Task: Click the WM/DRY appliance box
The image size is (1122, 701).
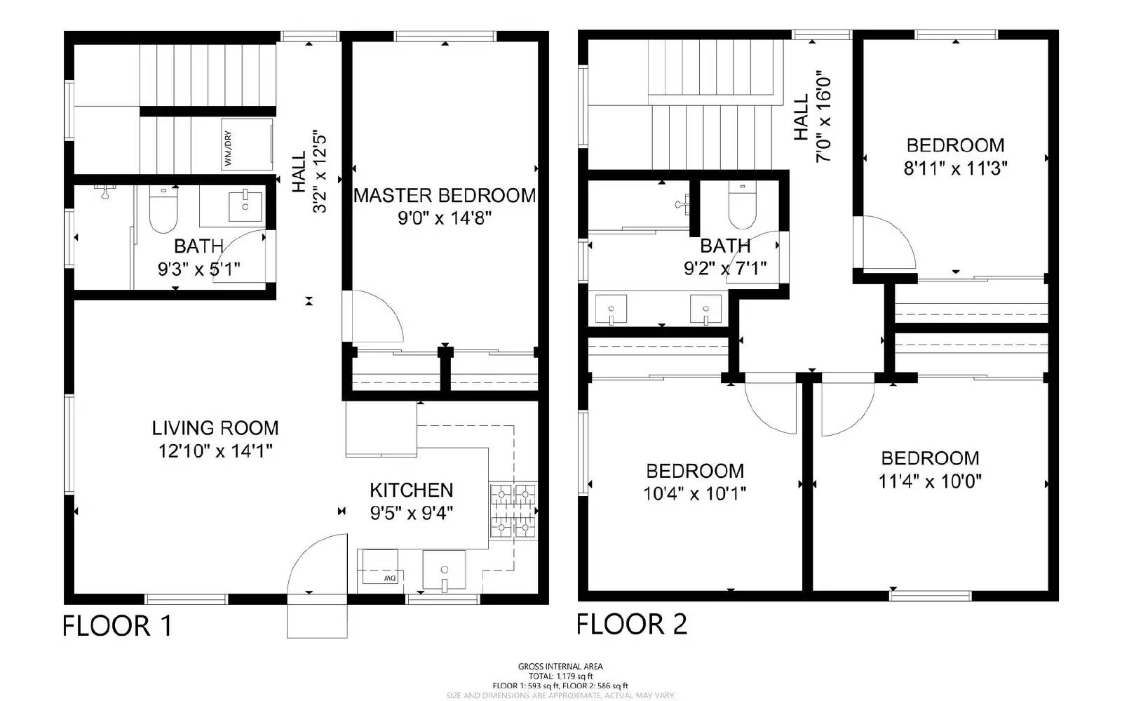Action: (x=247, y=144)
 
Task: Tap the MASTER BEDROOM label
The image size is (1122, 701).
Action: (x=445, y=196)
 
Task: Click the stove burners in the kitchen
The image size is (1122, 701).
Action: (x=513, y=510)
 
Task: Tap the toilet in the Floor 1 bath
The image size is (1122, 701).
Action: (x=163, y=211)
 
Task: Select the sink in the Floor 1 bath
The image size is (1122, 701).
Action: (x=245, y=204)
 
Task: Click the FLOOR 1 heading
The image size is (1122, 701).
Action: (x=118, y=626)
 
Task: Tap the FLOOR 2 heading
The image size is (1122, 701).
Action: (x=632, y=624)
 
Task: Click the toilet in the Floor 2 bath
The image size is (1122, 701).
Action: (x=742, y=207)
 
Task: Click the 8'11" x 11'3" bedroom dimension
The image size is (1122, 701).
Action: (x=955, y=169)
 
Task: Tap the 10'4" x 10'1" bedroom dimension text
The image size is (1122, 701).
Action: (x=694, y=494)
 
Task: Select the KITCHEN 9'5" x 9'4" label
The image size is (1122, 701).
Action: (x=412, y=501)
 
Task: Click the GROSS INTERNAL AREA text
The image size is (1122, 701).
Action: (x=560, y=667)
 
